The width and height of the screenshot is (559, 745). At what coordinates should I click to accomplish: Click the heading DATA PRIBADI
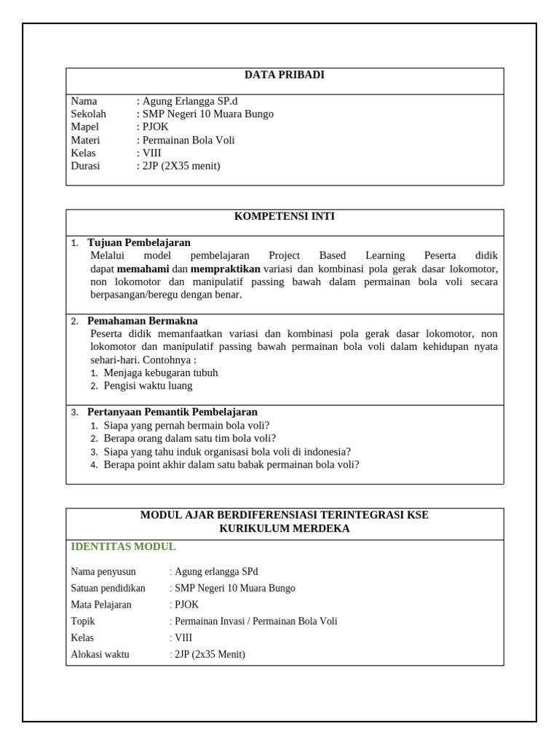click(x=284, y=75)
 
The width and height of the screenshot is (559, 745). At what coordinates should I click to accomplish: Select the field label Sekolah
click(x=88, y=114)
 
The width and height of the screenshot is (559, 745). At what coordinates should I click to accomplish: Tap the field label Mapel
click(x=84, y=127)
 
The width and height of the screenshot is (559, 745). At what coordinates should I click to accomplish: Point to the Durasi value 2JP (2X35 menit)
click(x=180, y=167)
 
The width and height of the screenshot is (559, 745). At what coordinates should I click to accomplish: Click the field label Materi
click(x=85, y=140)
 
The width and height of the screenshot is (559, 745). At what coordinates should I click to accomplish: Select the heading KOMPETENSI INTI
click(x=284, y=217)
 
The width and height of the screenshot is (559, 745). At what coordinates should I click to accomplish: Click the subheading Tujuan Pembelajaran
click(x=138, y=243)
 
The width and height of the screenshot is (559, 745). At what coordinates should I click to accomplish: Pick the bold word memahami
click(x=143, y=269)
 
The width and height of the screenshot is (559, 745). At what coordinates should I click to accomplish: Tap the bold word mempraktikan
click(x=225, y=269)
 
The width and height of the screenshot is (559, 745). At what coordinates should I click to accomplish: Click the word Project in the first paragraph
click(x=284, y=256)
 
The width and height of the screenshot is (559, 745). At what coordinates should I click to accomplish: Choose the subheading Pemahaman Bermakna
click(x=142, y=321)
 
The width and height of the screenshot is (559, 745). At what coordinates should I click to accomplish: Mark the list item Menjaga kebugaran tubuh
click(x=160, y=373)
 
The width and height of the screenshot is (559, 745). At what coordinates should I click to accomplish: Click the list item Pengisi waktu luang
click(x=148, y=386)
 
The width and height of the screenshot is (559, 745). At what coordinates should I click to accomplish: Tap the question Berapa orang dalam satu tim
click(x=189, y=439)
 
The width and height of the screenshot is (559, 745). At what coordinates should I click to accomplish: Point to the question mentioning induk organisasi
click(x=227, y=452)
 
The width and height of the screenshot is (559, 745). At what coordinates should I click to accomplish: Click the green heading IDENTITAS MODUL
click(x=123, y=547)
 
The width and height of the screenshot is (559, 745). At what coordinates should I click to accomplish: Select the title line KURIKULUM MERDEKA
click(x=284, y=529)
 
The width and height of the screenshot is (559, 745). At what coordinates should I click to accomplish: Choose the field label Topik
click(x=83, y=621)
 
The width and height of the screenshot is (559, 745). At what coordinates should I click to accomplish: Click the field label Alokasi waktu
click(x=100, y=655)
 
